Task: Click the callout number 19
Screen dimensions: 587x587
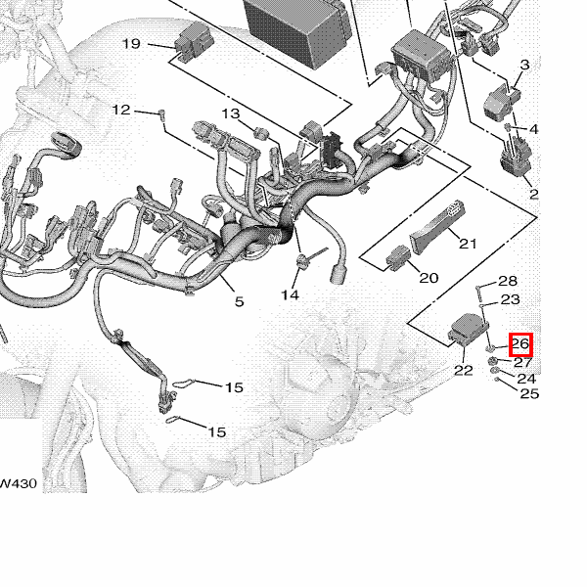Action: tap(131, 44)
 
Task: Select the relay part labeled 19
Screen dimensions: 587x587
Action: tap(195, 41)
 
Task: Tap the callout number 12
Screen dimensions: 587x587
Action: tap(121, 110)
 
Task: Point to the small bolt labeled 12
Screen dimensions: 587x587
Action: tap(162, 114)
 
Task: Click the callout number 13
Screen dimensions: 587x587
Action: tap(231, 113)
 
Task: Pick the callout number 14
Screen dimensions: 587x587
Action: tap(291, 295)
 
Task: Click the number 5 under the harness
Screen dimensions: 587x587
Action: tap(240, 301)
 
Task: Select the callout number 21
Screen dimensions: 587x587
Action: tap(468, 244)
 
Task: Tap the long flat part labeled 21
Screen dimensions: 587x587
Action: tap(437, 227)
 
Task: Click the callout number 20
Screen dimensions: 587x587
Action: tap(429, 278)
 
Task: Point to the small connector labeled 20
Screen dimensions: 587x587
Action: tap(398, 257)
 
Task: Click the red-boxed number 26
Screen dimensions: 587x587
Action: tap(520, 344)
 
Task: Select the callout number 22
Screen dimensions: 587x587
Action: tap(464, 370)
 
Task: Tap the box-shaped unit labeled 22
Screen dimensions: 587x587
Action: tap(469, 329)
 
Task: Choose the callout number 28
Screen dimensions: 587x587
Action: tap(508, 281)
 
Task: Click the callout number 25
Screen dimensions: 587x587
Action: tap(529, 393)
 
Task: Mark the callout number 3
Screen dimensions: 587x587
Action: tap(524, 65)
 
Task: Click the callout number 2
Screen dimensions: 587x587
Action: tap(534, 194)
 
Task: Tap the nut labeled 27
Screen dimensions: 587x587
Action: tap(493, 361)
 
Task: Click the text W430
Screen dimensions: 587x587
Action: tap(18, 483)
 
